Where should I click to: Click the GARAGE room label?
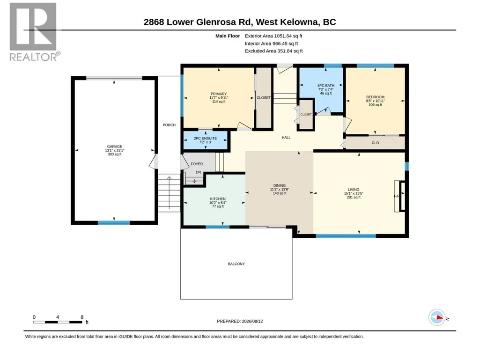tap(114, 147)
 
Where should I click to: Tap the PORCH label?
tap(169, 125)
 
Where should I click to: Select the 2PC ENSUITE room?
tap(205, 140)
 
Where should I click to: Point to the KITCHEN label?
tap(218, 199)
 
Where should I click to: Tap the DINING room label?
tap(280, 185)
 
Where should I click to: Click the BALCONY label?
tap(236, 264)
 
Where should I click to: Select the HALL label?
tap(286, 138)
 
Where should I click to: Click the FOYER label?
tap(197, 164)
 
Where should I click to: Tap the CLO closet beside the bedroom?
tap(375, 143)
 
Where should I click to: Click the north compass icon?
tap(437, 317)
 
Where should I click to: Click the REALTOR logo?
tap(33, 32)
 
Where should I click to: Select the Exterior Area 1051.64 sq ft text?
tap(273, 36)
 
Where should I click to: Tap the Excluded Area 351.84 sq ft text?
tap(273, 51)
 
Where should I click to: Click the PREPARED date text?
tap(240, 321)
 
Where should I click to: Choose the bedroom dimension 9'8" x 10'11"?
tap(375, 101)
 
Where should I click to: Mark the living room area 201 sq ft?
tap(354, 198)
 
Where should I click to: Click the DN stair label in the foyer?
tap(199, 172)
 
